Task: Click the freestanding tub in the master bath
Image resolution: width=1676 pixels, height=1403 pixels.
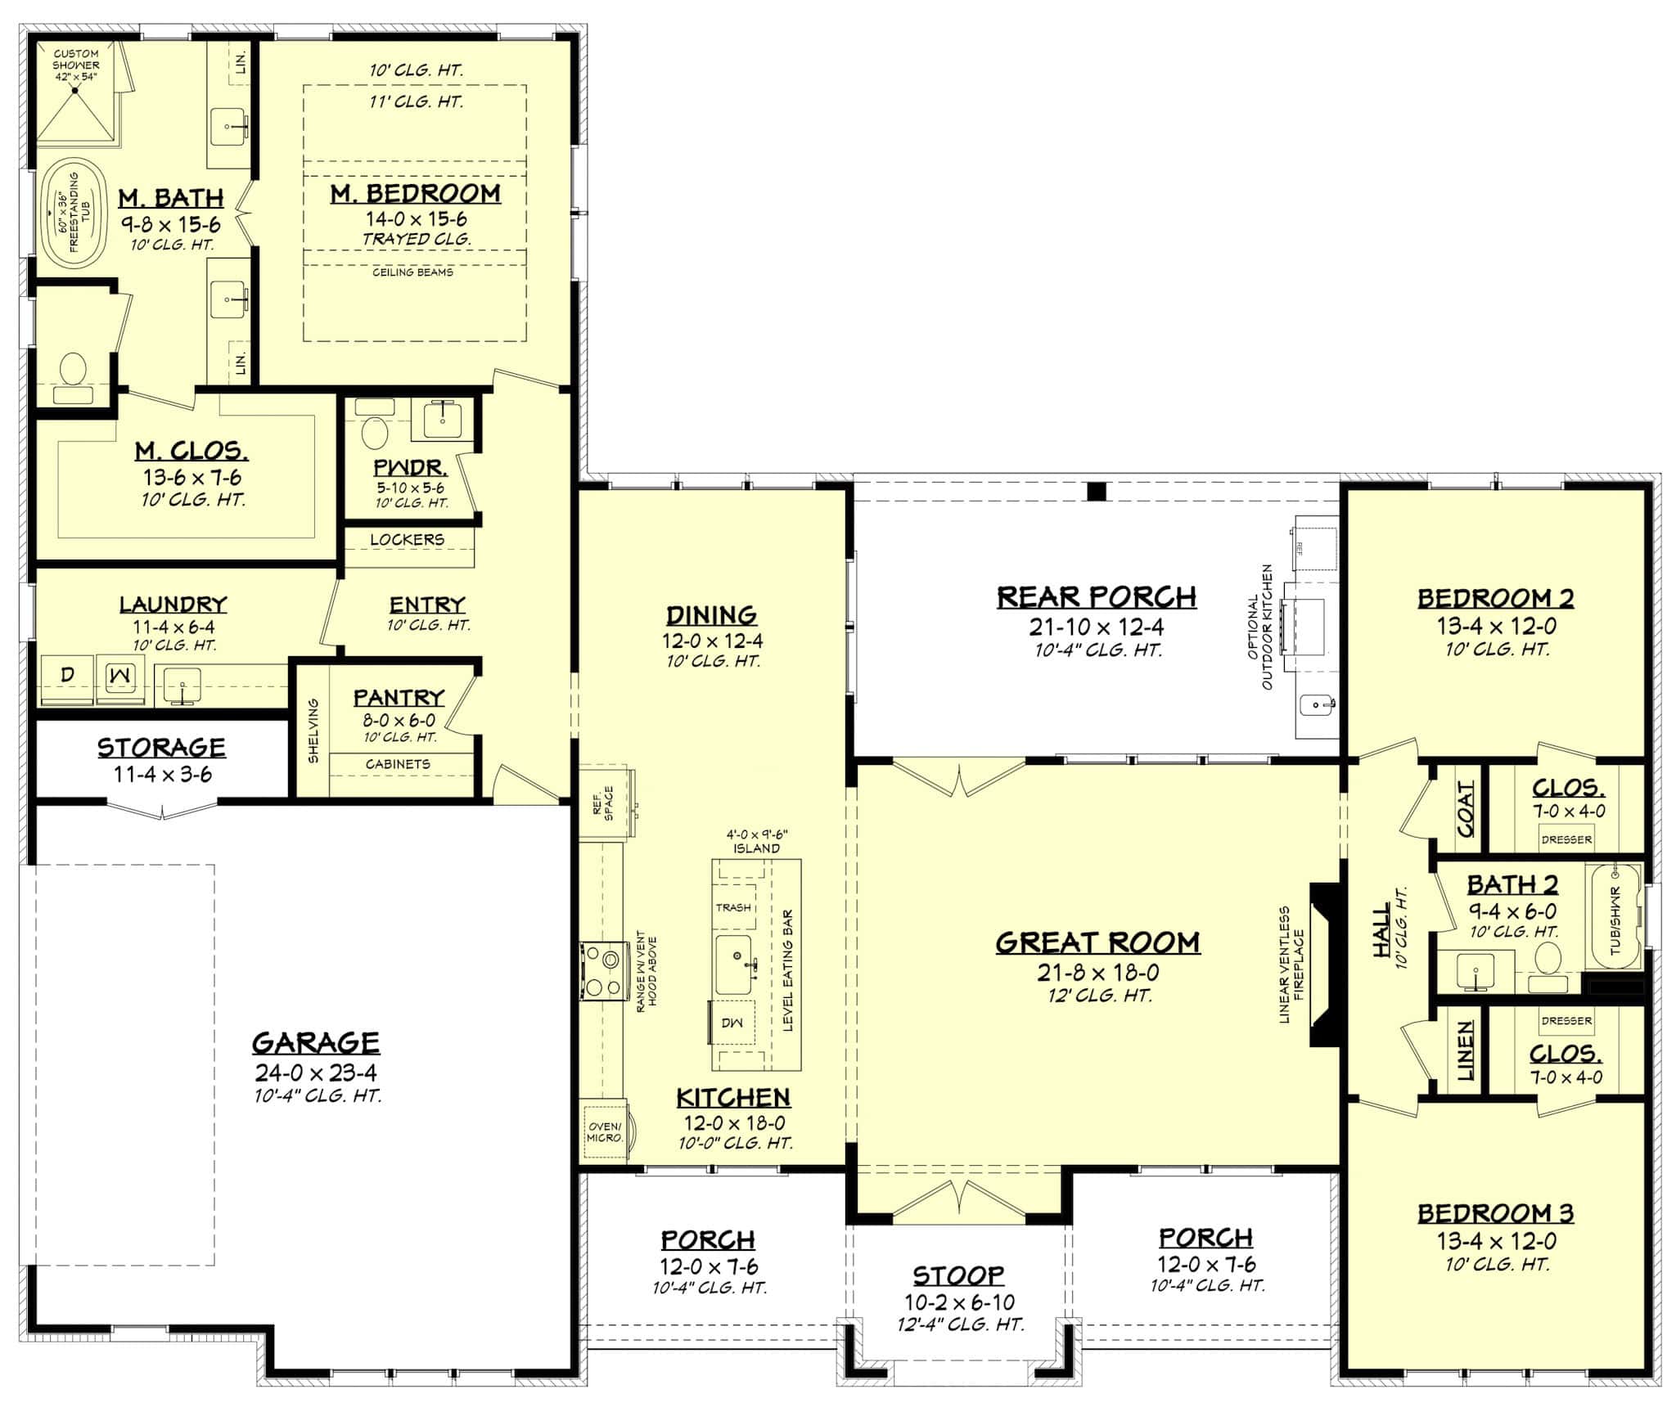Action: [68, 212]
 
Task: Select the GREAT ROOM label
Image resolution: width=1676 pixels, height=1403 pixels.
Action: [1097, 943]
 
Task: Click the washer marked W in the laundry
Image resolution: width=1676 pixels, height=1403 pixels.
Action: [119, 677]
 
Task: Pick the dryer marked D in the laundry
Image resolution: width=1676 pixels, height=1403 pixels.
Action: [68, 677]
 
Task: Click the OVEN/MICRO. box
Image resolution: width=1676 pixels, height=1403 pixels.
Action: [605, 1132]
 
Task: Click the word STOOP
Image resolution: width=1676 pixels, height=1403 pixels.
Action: [958, 1275]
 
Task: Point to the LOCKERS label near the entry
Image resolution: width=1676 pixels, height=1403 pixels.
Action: [407, 540]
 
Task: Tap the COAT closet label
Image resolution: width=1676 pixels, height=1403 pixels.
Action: [1465, 808]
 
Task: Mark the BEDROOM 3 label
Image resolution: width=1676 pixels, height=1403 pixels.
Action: [1496, 1212]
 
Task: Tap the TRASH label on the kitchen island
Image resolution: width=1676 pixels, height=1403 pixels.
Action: [733, 907]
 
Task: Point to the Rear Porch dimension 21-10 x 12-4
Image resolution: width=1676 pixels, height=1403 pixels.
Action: [1097, 627]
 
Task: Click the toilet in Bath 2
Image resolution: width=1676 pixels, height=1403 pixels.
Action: [1548, 963]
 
